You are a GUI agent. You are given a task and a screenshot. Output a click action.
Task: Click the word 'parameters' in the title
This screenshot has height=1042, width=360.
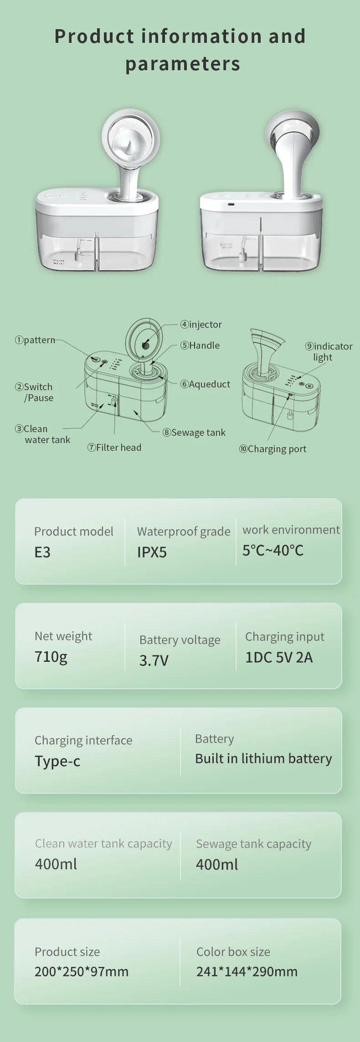pos(183,64)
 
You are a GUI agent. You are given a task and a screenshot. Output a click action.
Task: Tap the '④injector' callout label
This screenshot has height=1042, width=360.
pos(201,325)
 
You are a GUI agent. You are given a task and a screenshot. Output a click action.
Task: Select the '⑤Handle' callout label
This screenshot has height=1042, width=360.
pos(200,346)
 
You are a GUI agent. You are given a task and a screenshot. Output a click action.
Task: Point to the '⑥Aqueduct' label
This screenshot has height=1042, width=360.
pos(205,384)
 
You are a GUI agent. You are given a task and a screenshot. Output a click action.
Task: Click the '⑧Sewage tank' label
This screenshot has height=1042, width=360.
pos(194,433)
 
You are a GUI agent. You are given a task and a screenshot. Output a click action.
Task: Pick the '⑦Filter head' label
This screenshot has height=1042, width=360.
pos(114,448)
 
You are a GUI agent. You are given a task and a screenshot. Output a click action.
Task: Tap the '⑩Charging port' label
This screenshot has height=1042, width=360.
pos(273,449)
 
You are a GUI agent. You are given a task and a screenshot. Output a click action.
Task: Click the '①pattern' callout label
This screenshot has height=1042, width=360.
pos(35,340)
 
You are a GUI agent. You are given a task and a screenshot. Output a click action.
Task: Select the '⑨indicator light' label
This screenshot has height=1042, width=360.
pos(329,351)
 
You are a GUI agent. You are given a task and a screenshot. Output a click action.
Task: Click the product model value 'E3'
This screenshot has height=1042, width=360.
pos(42,552)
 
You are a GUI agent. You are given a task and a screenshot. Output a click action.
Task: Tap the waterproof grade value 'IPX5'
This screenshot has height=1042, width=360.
pos(152,552)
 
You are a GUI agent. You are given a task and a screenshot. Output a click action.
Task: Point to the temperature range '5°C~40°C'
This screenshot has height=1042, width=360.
pos(273,551)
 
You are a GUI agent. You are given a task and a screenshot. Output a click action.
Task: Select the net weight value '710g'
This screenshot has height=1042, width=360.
pos(51,657)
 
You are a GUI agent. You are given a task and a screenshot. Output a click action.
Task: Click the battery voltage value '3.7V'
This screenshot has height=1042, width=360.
pos(154,660)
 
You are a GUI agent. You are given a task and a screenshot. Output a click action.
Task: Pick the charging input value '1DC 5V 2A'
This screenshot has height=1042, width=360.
pos(279,657)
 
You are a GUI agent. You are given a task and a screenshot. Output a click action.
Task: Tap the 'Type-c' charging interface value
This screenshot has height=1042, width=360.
pos(57,761)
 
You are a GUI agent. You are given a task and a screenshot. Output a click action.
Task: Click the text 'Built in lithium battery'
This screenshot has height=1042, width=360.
pos(263,758)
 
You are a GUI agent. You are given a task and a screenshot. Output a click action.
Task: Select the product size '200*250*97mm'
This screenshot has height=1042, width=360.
pos(82,971)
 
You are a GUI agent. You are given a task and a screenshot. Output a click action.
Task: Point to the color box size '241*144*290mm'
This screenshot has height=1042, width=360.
pos(247,971)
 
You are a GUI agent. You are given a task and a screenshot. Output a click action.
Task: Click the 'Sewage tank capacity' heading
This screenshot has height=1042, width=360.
pos(254,844)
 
